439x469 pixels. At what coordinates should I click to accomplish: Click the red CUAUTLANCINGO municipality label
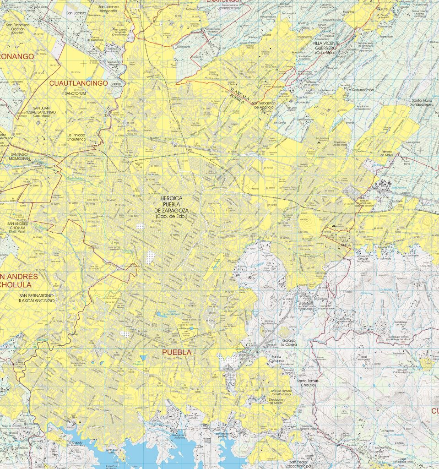pyautogui.click(x=78, y=83)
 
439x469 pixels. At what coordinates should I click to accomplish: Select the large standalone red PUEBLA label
pyautogui.click(x=177, y=353)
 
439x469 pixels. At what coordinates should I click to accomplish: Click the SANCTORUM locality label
pyautogui.click(x=76, y=93)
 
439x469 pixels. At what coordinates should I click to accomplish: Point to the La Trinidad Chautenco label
pyautogui.click(x=76, y=137)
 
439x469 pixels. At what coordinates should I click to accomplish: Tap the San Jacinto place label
pyautogui.click(x=76, y=13)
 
